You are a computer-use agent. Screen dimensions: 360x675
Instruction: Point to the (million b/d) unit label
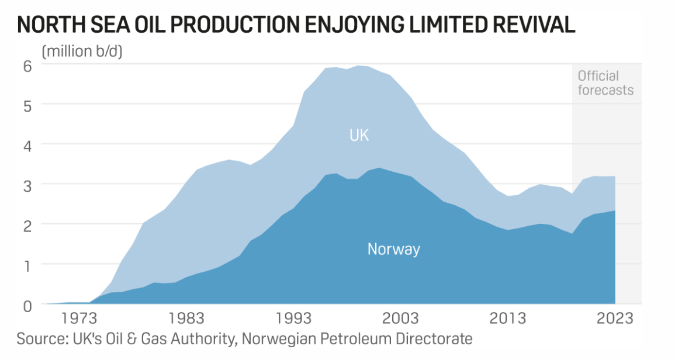pyautogui.click(x=81, y=51)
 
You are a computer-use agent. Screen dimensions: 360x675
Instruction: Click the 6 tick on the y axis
pyautogui.click(x=27, y=65)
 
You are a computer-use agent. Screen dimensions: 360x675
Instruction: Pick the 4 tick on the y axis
pyautogui.click(x=27, y=144)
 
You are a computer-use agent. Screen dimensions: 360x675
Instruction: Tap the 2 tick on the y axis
pyautogui.click(x=27, y=224)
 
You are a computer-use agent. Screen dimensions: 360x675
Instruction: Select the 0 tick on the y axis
pyautogui.click(x=27, y=305)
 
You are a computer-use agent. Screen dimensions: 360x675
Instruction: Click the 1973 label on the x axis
pyautogui.click(x=80, y=319)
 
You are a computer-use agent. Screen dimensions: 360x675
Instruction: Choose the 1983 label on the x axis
pyautogui.click(x=187, y=319)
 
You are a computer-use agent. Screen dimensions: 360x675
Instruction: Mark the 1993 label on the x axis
pyautogui.click(x=294, y=319)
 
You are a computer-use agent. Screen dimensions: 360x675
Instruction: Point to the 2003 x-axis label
pyautogui.click(x=401, y=319)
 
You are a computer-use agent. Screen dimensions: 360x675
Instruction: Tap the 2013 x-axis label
pyautogui.click(x=508, y=319)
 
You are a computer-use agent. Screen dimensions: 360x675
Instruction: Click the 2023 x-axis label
pyautogui.click(x=615, y=319)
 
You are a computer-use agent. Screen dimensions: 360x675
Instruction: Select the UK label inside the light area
pyautogui.click(x=359, y=136)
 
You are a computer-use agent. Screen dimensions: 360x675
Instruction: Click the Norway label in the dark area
pyautogui.click(x=393, y=250)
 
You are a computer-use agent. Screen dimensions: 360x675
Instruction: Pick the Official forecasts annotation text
pyautogui.click(x=605, y=83)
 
